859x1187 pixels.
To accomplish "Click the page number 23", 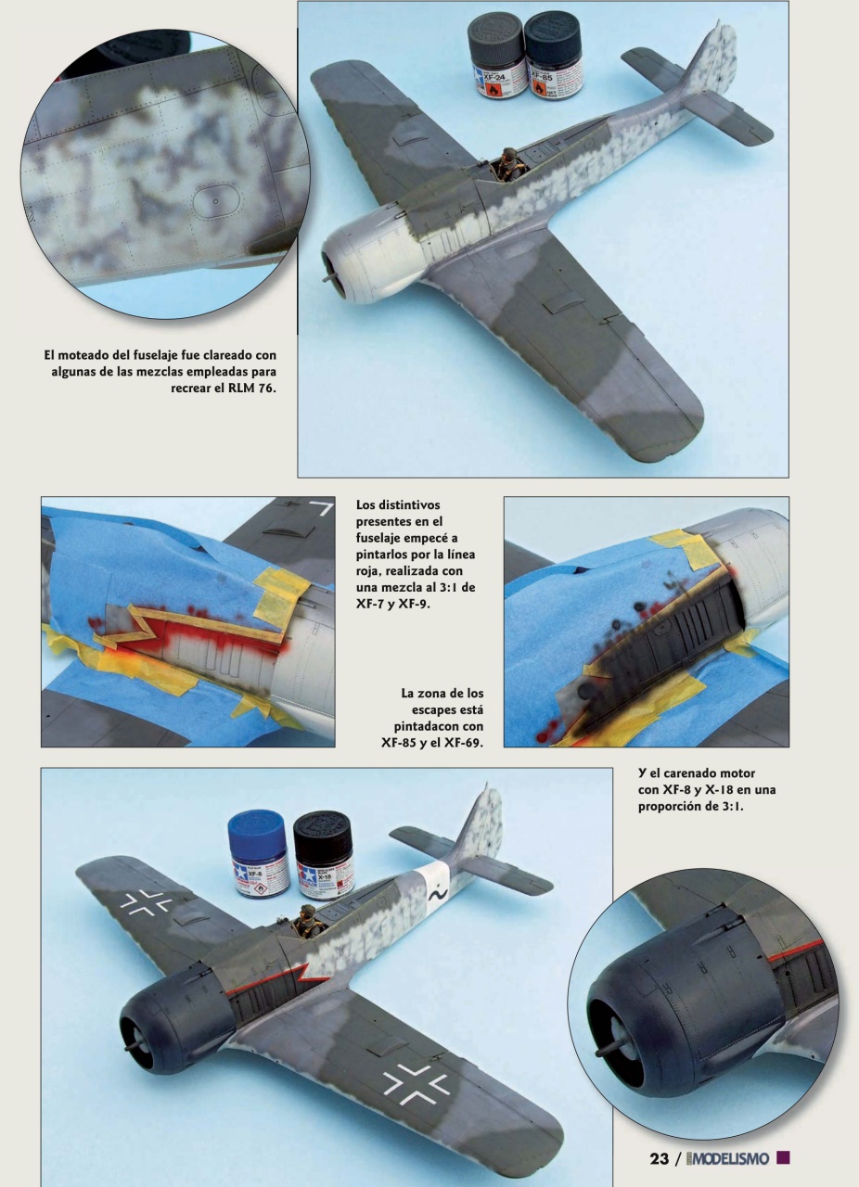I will pyautogui.click(x=660, y=1159).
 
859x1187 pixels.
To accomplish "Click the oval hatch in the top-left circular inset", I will pyautogui.click(x=215, y=198).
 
